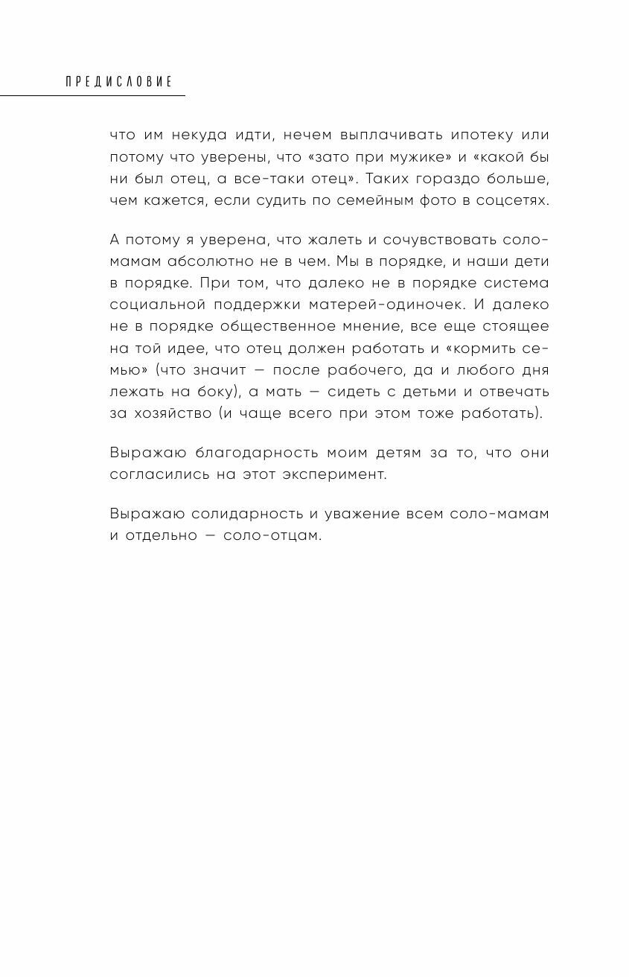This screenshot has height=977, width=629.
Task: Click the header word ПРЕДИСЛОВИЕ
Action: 119,81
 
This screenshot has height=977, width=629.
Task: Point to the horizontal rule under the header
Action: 92,95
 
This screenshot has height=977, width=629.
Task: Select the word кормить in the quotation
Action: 497,349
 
